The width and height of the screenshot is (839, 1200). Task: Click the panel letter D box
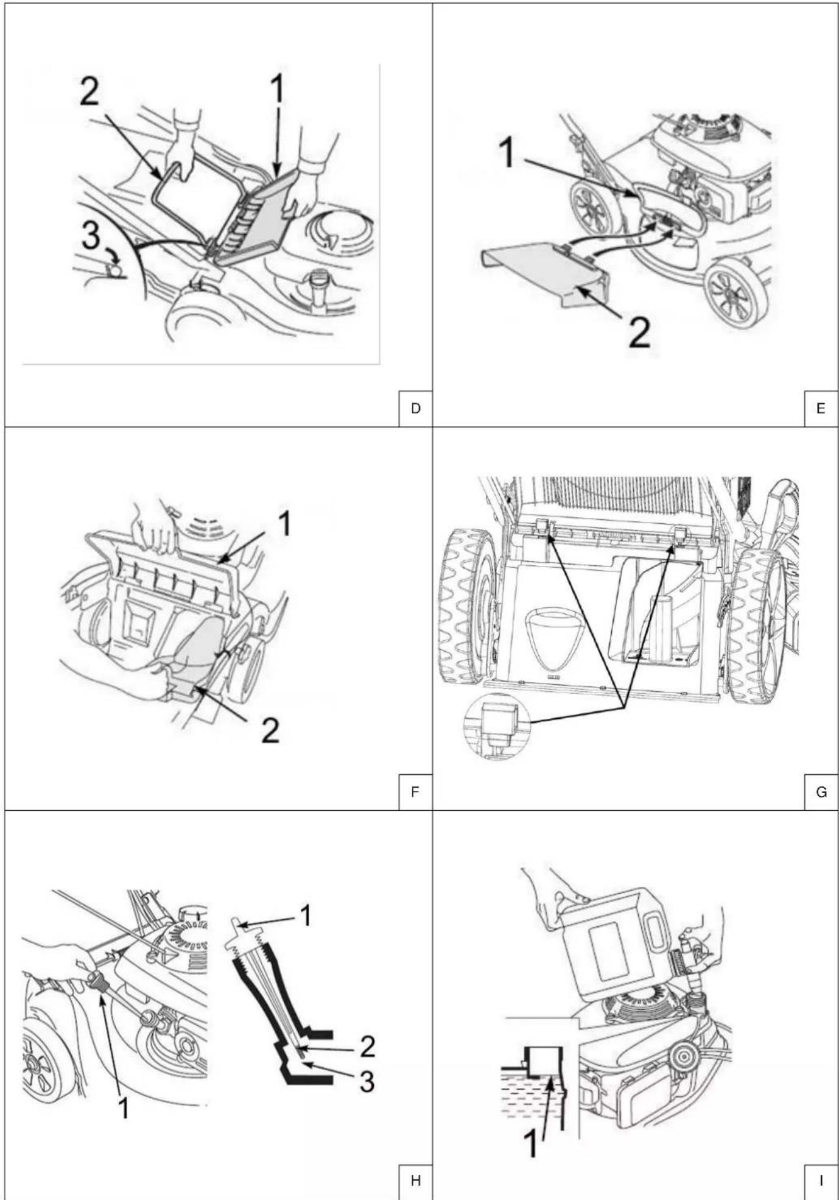point(416,409)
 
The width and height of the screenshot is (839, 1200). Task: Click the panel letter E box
point(821,409)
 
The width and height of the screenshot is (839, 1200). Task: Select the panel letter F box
point(416,792)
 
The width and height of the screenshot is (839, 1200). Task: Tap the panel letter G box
point(821,792)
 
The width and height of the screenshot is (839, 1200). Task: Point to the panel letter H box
point(416,1181)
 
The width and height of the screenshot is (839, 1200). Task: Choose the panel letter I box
point(821,1181)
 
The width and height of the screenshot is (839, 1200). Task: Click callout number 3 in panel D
point(91,235)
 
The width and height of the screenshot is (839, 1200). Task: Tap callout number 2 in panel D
point(90,93)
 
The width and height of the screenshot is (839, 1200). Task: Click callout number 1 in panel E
point(507,152)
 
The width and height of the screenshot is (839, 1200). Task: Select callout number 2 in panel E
point(639,333)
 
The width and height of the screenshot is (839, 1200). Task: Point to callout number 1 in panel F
point(284,524)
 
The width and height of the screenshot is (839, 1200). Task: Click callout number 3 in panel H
point(367,1082)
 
